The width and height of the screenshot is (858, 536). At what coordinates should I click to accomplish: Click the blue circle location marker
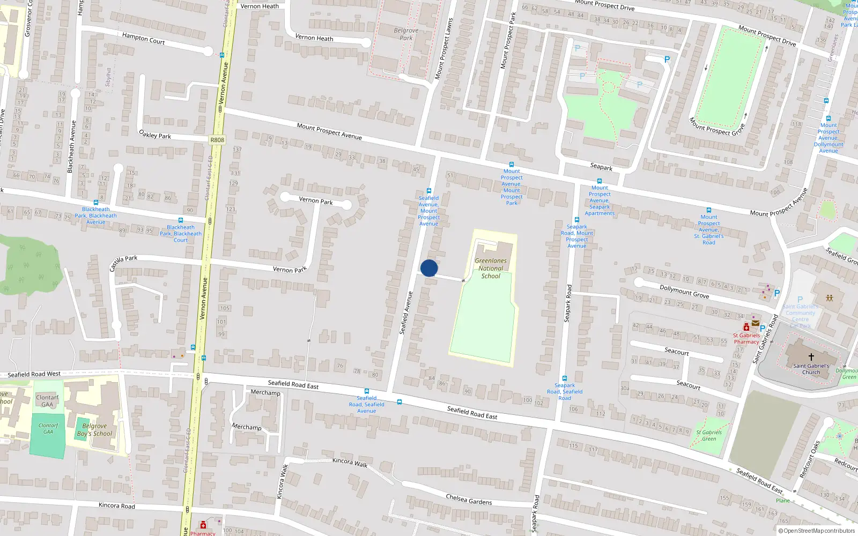click(429, 268)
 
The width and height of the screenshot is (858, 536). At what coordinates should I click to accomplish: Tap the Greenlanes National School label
click(491, 269)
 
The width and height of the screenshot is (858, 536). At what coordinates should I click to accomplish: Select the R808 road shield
click(217, 140)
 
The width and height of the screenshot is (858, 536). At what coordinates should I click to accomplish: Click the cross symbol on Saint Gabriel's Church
click(811, 357)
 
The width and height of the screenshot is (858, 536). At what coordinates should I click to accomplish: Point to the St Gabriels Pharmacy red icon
click(746, 327)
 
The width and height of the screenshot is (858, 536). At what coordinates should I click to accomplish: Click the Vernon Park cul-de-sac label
click(316, 201)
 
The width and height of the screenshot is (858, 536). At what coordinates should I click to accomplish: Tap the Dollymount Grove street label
click(684, 291)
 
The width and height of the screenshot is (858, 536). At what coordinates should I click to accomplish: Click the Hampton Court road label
click(143, 38)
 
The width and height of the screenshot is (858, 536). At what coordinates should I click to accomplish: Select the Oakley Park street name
click(155, 135)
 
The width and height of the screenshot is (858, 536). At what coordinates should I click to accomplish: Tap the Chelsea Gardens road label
click(469, 500)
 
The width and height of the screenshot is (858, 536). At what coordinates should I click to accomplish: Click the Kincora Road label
click(117, 505)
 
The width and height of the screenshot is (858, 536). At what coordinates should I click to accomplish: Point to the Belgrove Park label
click(406, 34)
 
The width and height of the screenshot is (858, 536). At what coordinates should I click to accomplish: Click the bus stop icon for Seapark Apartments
click(600, 181)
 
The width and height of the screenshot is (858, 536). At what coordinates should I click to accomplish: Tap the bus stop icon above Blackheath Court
click(181, 220)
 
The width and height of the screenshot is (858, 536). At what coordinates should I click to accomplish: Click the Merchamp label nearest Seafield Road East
click(265, 393)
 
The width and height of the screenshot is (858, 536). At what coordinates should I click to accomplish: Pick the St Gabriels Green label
click(709, 435)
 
